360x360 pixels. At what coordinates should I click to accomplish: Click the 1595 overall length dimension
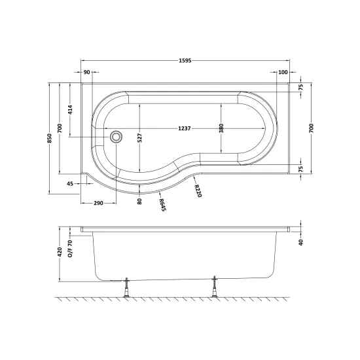(185, 61)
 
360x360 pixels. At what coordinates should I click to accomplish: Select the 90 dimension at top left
(86, 72)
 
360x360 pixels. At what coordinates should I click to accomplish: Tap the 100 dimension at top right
(283, 72)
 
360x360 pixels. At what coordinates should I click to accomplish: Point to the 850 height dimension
(50, 138)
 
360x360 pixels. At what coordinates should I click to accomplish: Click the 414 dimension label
(71, 110)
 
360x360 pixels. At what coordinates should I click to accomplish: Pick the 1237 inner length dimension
(185, 128)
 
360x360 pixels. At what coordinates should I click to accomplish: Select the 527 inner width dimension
(140, 137)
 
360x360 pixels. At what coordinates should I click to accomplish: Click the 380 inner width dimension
(221, 128)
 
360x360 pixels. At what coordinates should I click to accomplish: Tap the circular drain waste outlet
(116, 137)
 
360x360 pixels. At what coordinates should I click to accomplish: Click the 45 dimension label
(70, 184)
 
